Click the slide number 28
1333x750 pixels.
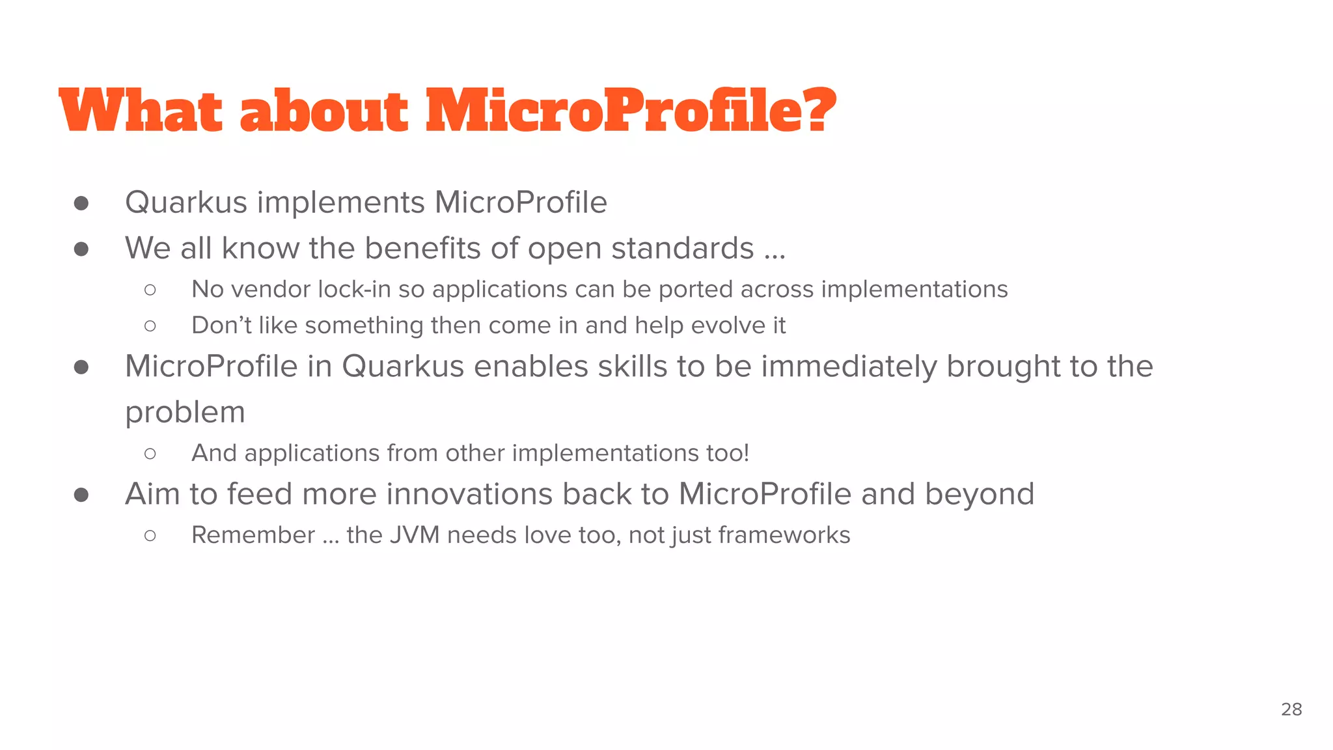(1291, 709)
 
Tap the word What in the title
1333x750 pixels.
(140, 111)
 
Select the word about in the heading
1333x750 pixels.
(323, 111)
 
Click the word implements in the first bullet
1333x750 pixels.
(340, 203)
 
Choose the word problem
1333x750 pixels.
(185, 413)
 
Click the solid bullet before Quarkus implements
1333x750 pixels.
(81, 203)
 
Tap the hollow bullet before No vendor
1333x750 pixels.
(150, 290)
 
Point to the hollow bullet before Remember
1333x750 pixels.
(150, 536)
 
